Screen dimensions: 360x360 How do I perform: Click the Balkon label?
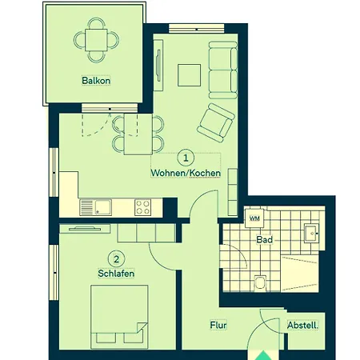tap(96, 81)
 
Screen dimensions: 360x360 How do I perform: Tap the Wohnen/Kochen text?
tap(186, 173)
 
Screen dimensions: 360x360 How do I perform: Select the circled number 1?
tap(186, 158)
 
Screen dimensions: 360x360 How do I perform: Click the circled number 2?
tap(116, 259)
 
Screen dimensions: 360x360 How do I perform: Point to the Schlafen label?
tap(116, 274)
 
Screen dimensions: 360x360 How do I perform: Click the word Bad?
tap(265, 239)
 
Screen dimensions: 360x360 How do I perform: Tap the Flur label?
tap(218, 325)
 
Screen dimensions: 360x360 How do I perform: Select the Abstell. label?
tap(302, 326)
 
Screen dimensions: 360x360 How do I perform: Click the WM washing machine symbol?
tap(254, 218)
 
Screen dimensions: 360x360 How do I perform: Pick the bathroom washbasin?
tap(311, 234)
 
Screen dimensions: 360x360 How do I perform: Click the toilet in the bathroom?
tap(260, 282)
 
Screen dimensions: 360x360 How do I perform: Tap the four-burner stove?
tap(142, 207)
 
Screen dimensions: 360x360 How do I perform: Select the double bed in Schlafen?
tap(119, 317)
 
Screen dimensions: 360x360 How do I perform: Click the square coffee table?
tap(189, 75)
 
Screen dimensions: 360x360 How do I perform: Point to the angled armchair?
tap(216, 122)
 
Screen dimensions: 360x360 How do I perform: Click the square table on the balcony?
tap(96, 40)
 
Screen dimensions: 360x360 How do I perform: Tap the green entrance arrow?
tap(263, 356)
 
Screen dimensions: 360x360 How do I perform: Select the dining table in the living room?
tap(138, 134)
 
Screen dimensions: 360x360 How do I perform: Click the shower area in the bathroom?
tap(300, 274)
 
